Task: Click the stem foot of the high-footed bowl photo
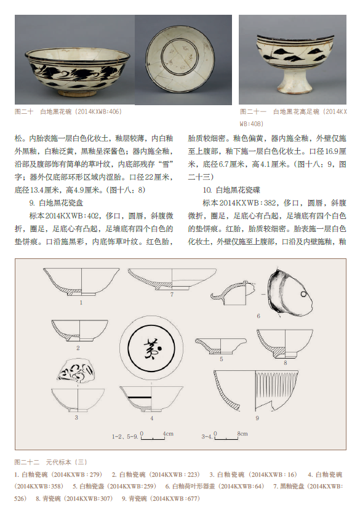(294, 82)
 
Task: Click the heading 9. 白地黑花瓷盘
(56, 203)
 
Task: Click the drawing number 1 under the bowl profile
(81, 303)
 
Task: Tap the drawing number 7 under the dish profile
(172, 295)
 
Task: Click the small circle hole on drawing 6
(303, 294)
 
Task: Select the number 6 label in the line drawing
(258, 316)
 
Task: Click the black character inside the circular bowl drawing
(152, 349)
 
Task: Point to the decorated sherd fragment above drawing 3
(76, 370)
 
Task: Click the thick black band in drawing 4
(140, 397)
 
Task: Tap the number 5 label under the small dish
(222, 359)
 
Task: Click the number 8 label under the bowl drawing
(285, 363)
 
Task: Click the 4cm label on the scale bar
(168, 434)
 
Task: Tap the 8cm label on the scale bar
(242, 434)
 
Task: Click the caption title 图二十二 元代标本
(50, 462)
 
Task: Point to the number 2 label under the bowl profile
(78, 348)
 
